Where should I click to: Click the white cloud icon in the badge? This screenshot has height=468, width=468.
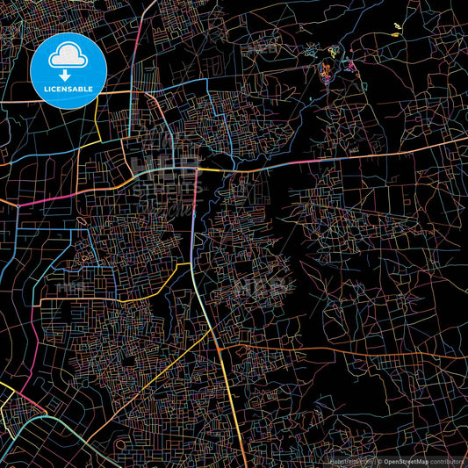[68, 56]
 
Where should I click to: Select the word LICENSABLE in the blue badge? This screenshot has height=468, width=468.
[68, 89]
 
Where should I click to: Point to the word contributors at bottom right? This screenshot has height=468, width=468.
[447, 461]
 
